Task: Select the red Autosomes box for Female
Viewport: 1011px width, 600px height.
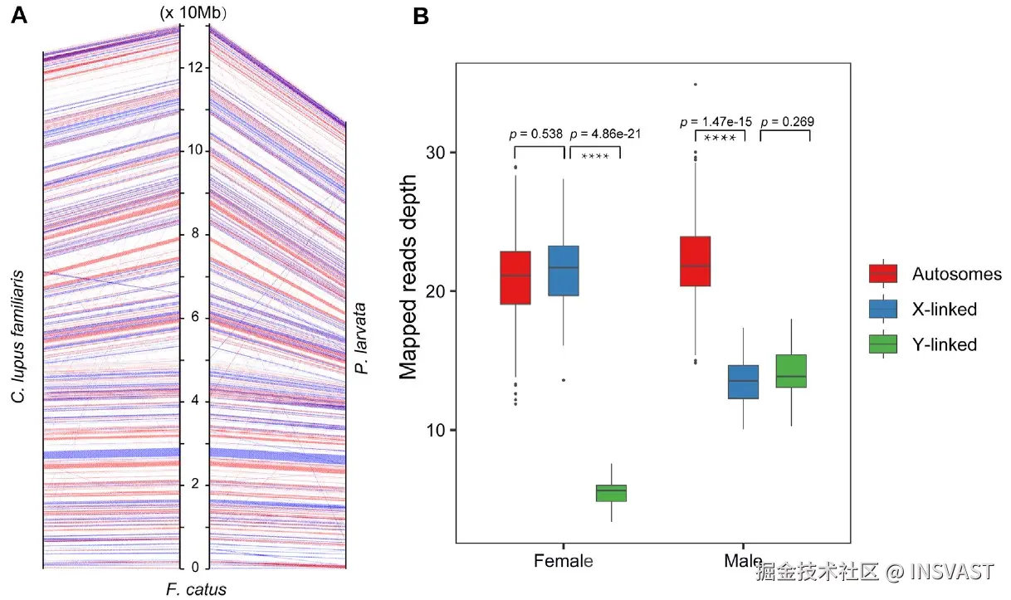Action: (515, 277)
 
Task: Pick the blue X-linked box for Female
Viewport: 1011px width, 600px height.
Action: (564, 271)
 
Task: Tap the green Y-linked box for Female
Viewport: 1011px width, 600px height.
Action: (612, 493)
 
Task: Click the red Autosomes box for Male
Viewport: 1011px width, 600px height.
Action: (696, 261)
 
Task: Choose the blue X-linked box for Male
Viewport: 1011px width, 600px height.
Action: (744, 382)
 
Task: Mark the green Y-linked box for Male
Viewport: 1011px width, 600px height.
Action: (792, 371)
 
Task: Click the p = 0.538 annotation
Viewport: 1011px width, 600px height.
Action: (535, 133)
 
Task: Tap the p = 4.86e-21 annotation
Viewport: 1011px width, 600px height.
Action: (606, 133)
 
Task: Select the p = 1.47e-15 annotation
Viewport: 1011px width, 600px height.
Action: (716, 121)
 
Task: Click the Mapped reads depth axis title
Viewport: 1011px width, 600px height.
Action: (409, 290)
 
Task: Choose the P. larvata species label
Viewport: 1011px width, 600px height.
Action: (362, 339)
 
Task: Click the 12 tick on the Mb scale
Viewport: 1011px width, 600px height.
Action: (196, 67)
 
